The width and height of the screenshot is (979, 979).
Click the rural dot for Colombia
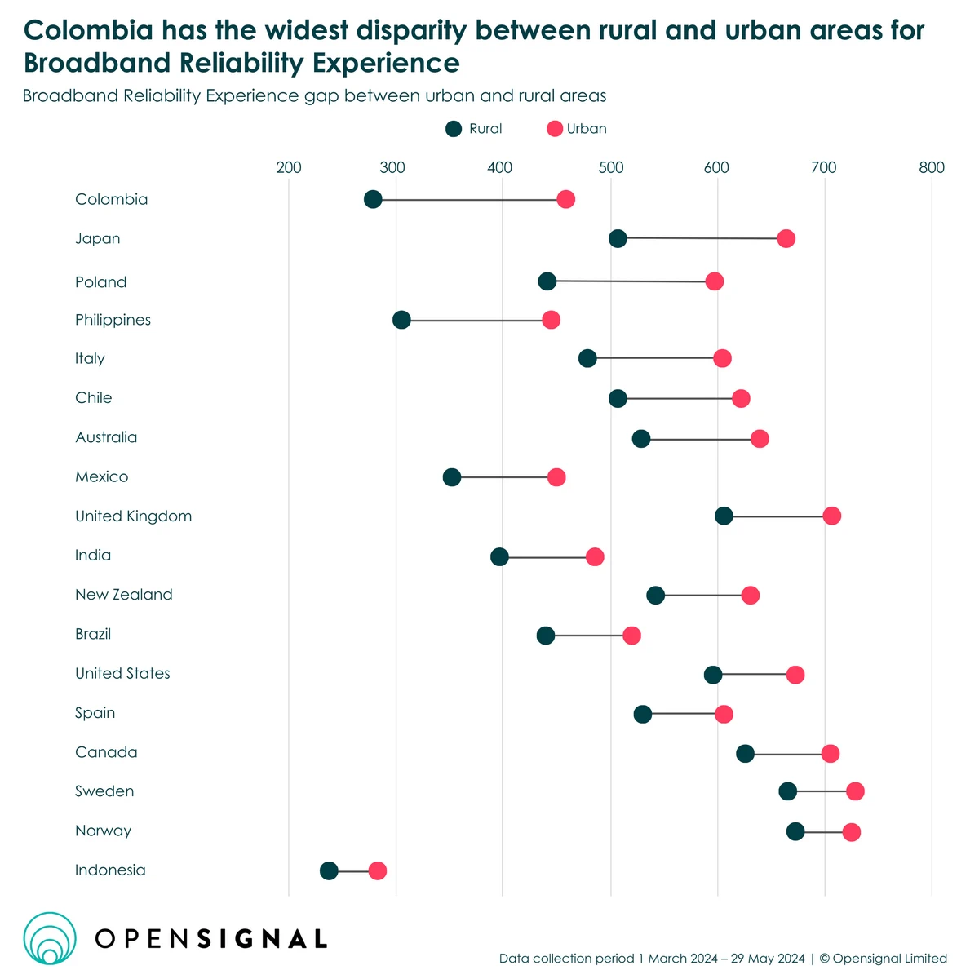[x=373, y=200]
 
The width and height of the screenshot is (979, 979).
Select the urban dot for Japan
[x=786, y=239]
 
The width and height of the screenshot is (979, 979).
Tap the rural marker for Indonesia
[x=329, y=870]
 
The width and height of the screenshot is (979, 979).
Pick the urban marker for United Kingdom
[x=831, y=516]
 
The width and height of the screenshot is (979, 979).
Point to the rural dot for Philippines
[x=401, y=320]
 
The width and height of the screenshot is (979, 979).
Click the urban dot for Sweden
[x=855, y=791]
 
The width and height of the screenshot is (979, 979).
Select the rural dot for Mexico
[x=452, y=477]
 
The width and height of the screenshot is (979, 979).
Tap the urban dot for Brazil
[x=631, y=636]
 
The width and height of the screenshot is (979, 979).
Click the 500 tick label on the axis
[x=610, y=168]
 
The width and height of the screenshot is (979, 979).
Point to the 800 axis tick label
[x=931, y=168]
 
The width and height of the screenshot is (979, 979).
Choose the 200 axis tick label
[x=289, y=168]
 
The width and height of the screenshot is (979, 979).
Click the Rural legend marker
[x=454, y=129]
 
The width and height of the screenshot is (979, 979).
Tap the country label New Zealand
[x=124, y=595]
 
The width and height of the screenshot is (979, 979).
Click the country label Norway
[x=103, y=831]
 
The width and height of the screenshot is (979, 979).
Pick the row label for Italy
[x=90, y=358]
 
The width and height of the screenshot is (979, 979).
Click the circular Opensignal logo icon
[x=50, y=938]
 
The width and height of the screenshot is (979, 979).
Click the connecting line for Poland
[x=631, y=281]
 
